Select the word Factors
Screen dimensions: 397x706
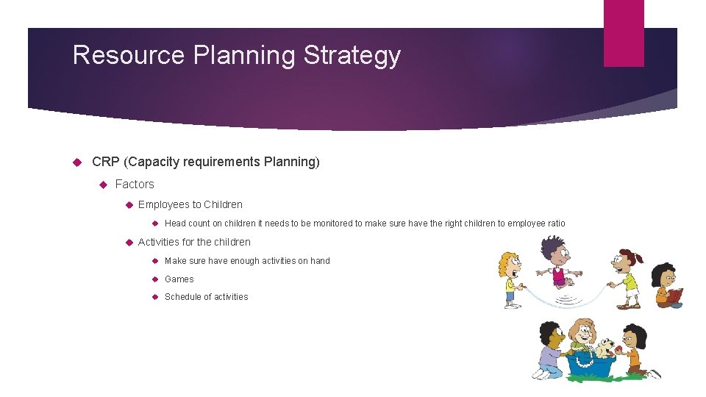click(135, 184)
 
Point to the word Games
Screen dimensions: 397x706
click(179, 279)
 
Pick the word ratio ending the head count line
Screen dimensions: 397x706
click(555, 223)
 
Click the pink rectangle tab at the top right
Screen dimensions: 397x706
click(623, 33)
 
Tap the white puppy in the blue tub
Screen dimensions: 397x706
click(605, 346)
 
